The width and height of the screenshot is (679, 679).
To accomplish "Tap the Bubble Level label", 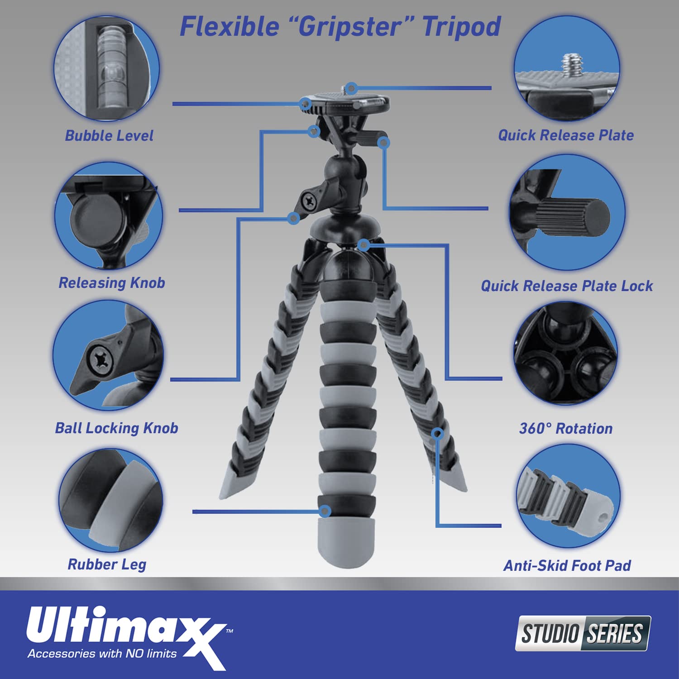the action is click(109, 135).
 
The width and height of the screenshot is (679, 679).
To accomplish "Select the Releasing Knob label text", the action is click(112, 283).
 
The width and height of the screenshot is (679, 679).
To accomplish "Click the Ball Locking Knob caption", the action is click(116, 428).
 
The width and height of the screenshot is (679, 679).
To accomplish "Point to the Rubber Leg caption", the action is click(107, 564).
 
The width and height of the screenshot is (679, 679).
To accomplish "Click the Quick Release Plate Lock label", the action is click(567, 286).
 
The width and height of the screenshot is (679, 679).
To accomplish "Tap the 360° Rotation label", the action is click(566, 428).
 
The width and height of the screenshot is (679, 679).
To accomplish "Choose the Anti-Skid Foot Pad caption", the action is click(567, 565).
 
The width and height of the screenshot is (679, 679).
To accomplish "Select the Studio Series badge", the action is click(583, 633).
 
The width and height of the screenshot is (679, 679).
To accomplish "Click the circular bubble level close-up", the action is click(107, 68).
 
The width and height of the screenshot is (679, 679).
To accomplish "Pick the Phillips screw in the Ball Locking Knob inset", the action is click(101, 360).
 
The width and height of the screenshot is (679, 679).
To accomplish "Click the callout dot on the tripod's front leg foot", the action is click(325, 512).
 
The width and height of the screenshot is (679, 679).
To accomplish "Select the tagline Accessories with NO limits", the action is click(102, 653).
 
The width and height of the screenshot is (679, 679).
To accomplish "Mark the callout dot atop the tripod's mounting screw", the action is click(351, 88).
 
